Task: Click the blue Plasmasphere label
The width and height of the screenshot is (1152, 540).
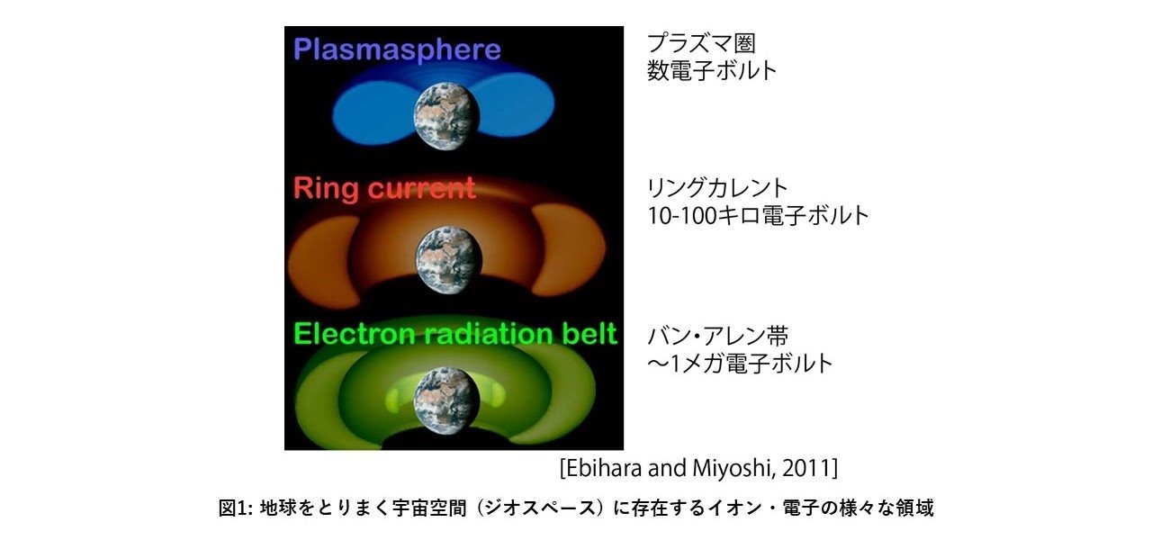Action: [397, 49]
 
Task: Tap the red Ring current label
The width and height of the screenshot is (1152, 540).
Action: [384, 188]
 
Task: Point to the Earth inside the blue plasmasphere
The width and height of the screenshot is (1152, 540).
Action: [446, 117]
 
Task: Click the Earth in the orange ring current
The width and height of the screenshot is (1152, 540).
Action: [449, 260]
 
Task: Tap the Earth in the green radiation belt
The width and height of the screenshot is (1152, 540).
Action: [446, 400]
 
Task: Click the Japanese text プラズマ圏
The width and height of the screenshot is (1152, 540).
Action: [701, 44]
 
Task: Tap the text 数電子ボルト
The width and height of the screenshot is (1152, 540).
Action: [712, 70]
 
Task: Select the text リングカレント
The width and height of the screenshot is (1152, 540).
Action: [717, 188]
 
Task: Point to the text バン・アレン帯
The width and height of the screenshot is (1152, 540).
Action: [718, 337]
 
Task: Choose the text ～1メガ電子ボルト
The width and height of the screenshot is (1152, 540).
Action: [740, 364]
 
